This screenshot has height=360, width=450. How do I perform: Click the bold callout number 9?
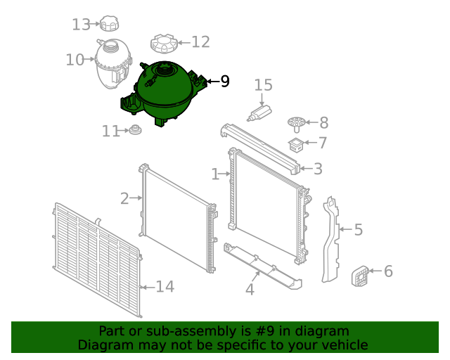coord(225,82)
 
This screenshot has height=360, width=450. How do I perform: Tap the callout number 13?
coord(82,25)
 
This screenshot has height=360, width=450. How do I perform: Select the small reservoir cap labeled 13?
coord(109,23)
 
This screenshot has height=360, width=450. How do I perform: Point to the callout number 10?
coord(75,60)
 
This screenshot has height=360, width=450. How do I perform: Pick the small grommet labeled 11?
coord(135,130)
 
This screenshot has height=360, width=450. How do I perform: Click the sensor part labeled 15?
coord(259,112)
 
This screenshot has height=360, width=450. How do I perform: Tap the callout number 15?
coord(263,85)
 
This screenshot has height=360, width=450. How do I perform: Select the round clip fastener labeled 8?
coord(297,124)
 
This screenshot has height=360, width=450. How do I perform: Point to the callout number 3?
coord(318,169)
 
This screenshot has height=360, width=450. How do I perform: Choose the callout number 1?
coord(215,174)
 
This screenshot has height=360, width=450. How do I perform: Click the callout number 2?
coord(124,198)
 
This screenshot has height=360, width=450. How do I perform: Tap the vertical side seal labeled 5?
coord(330,239)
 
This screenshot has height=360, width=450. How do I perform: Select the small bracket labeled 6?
coord(360,276)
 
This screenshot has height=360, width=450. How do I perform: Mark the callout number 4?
coord(250,289)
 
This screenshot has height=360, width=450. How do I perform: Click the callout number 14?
coord(165,286)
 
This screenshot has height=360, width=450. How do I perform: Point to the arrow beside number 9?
coord(213,82)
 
